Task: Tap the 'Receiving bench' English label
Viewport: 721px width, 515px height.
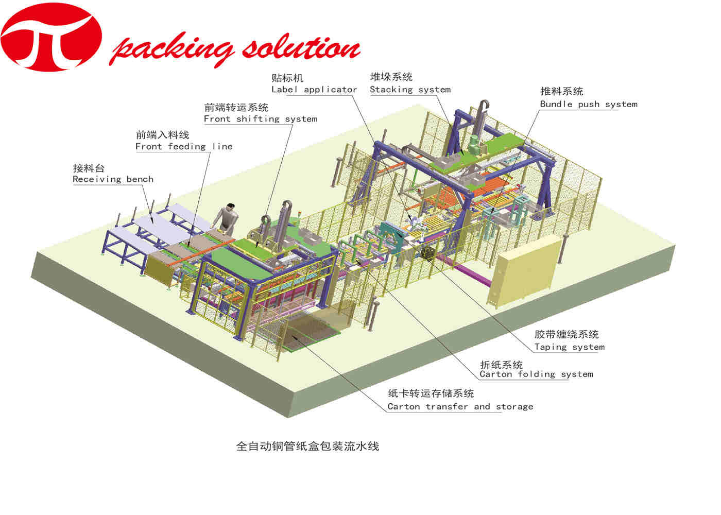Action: (x=113, y=179)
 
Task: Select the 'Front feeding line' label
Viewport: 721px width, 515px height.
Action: (x=184, y=146)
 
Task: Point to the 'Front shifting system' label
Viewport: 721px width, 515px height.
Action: (x=261, y=119)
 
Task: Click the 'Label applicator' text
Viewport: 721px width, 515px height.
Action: (x=314, y=90)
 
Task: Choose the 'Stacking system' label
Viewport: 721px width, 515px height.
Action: (x=410, y=90)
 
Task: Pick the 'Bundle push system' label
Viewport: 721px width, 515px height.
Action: (x=589, y=104)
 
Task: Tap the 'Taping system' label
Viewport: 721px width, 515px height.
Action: (x=569, y=347)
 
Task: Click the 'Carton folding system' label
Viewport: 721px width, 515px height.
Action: (x=536, y=374)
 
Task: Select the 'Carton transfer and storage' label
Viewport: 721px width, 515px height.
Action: (x=460, y=407)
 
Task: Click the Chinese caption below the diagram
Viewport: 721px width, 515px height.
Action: (x=307, y=446)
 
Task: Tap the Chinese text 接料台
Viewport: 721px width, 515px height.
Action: (x=89, y=168)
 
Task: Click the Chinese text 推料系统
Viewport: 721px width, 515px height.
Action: (x=561, y=92)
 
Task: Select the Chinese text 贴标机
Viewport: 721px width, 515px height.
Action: (x=287, y=78)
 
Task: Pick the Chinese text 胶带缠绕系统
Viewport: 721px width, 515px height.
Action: (x=566, y=335)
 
